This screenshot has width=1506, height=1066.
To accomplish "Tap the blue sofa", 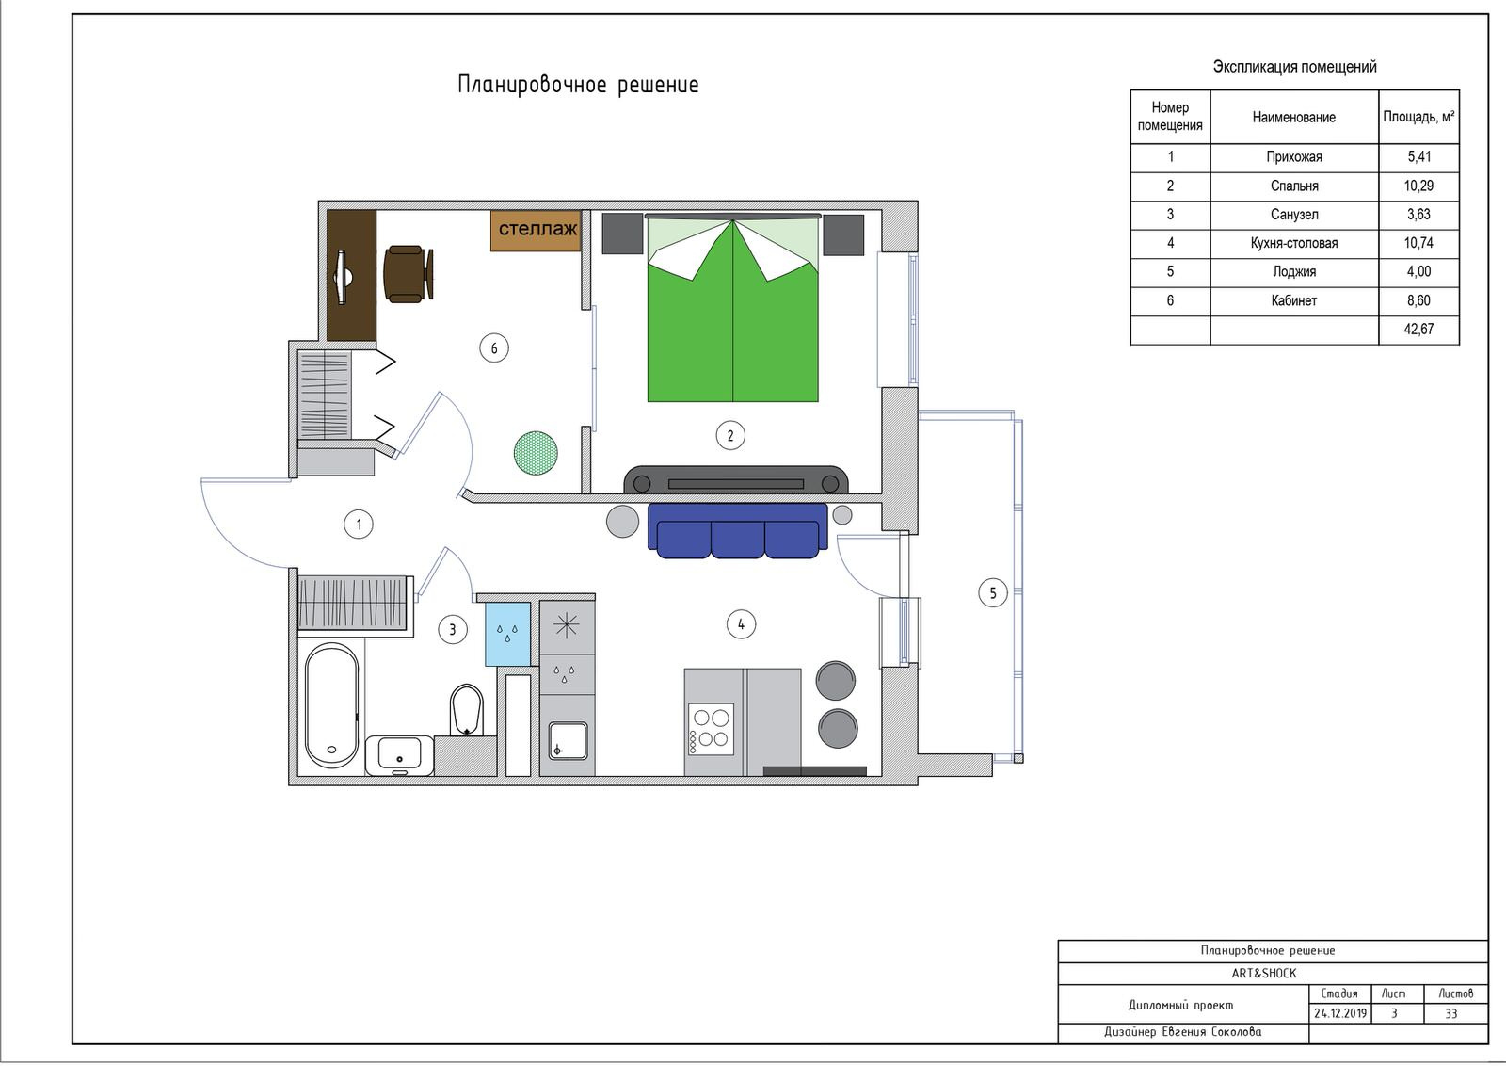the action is (738, 531).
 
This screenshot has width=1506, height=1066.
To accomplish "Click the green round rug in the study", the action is (536, 453).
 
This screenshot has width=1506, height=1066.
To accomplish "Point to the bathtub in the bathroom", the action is (331, 704).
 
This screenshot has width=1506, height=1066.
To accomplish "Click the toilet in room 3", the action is (466, 710).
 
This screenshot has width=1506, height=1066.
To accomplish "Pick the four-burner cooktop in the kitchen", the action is (711, 728).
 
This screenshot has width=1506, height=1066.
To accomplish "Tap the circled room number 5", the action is (992, 593).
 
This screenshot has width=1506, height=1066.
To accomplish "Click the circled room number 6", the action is (494, 348).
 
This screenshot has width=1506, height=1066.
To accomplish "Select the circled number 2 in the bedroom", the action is (730, 435).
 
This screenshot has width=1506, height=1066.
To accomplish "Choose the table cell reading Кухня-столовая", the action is (1293, 244).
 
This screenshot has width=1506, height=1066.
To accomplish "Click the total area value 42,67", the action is (1418, 330).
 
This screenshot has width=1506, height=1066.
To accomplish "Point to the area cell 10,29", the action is (1418, 186).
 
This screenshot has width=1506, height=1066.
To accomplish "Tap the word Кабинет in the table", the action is (1293, 300).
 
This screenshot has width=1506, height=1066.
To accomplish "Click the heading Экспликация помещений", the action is (1294, 67).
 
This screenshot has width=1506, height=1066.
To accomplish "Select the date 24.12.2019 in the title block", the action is (1340, 1013).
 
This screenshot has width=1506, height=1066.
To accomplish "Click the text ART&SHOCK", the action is (1264, 973).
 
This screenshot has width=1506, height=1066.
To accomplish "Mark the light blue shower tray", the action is (507, 634).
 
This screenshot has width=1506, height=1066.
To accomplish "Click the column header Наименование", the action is (1293, 118).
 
